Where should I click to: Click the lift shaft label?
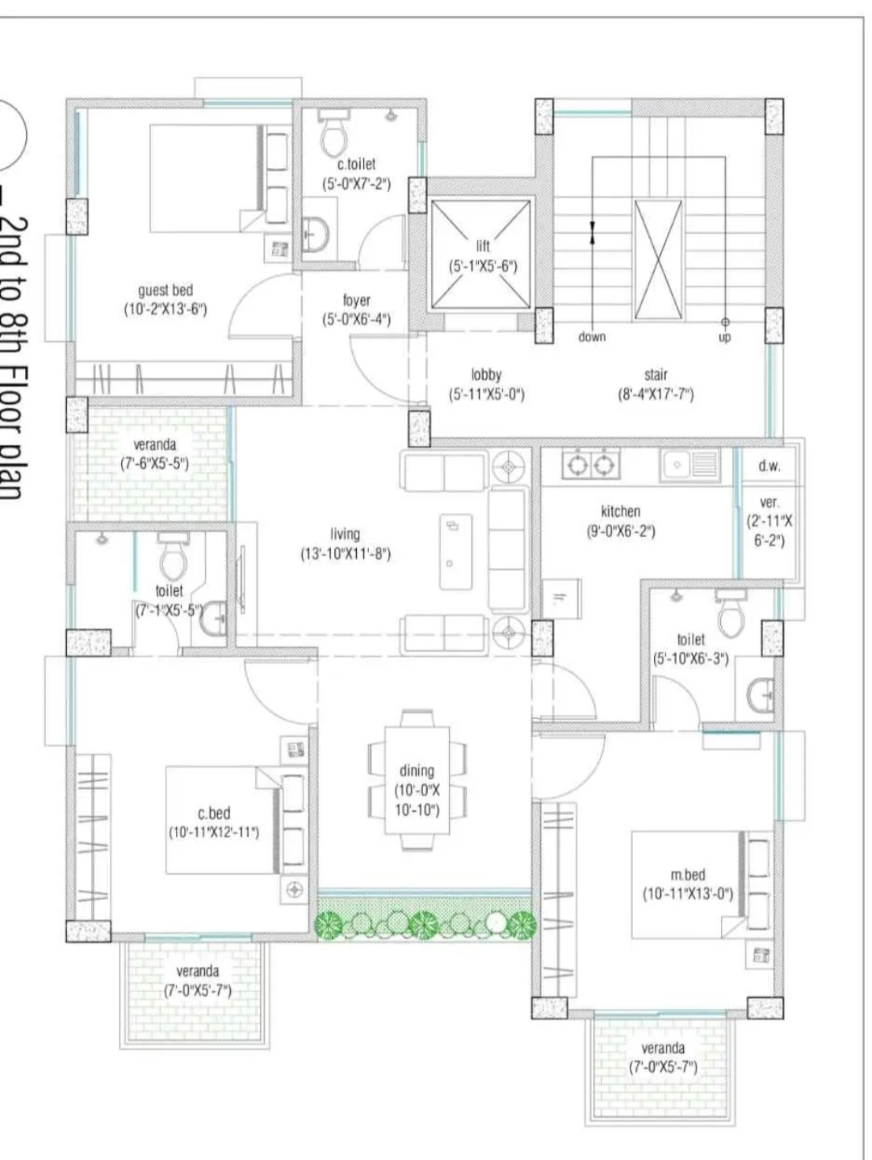(x=483, y=246)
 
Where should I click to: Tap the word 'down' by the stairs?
(x=592, y=337)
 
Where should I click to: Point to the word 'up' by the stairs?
(x=724, y=337)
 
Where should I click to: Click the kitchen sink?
(x=690, y=465)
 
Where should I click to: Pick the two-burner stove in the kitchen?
(x=591, y=464)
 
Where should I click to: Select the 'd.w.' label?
(x=769, y=466)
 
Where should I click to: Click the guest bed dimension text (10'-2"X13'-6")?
(x=166, y=309)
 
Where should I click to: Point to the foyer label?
(x=357, y=301)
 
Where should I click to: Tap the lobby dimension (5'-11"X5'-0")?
(x=486, y=394)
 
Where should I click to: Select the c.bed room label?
(x=214, y=813)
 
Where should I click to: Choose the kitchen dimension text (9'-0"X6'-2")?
(x=621, y=531)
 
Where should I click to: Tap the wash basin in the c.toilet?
(x=316, y=233)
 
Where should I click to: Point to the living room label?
(x=345, y=534)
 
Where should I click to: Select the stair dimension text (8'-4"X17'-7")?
(x=656, y=394)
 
